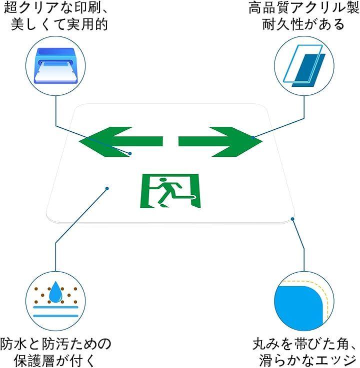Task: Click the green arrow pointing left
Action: (120, 141)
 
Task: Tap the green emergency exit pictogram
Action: (169, 191)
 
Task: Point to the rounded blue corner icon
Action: (300, 300)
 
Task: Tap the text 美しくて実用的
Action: (59, 24)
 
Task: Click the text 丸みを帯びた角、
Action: (304, 344)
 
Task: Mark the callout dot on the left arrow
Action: (130, 153)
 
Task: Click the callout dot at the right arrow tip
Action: (254, 137)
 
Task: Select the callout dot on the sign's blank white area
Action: (106, 188)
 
